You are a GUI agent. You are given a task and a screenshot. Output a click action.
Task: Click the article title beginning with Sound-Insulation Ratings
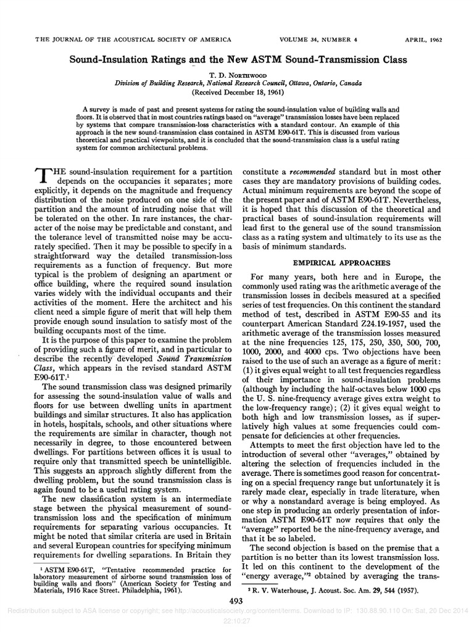coord(238,61)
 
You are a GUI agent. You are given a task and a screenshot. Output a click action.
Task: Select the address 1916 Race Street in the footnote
coord(87,589)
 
